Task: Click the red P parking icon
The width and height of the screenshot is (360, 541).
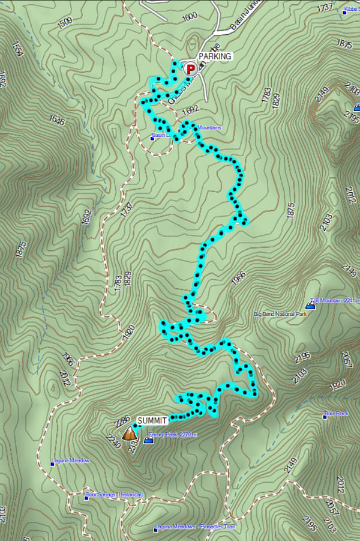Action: pos(190,69)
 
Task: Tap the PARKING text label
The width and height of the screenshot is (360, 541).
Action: pos(215,56)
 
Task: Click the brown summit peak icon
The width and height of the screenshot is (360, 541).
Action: pos(128,433)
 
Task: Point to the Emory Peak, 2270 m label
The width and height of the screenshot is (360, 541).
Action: pos(177,435)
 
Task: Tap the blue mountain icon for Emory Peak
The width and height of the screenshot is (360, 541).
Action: pos(148,441)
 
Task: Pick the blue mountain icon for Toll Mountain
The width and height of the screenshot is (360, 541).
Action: pos(311,305)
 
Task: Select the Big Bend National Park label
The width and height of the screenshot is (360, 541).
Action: pos(280,314)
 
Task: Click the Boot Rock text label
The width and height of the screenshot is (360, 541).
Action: pos(338,414)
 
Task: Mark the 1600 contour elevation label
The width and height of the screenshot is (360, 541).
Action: pos(189,17)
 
